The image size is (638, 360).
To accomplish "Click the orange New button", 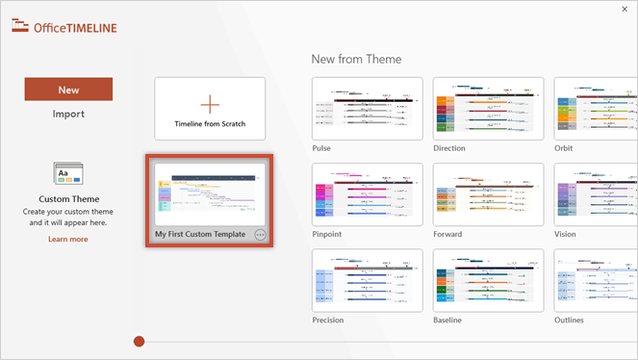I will [x=68, y=90].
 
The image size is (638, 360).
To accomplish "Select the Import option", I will [x=68, y=114].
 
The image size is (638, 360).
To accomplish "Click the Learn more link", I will [x=68, y=239].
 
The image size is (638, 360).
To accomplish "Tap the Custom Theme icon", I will [x=68, y=173].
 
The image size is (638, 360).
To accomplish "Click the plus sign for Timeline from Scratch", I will [x=210, y=104].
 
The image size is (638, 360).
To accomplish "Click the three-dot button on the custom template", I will [x=260, y=235].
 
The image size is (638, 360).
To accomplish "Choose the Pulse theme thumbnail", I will [x=367, y=109].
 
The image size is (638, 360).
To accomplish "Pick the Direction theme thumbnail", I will [x=488, y=109].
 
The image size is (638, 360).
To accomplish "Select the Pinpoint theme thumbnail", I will [x=367, y=194].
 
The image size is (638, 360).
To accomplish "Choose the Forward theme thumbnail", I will [x=488, y=194].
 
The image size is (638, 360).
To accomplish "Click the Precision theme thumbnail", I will [x=367, y=280].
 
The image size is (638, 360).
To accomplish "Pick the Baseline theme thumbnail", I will [x=488, y=280].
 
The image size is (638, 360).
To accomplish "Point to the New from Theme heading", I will [x=357, y=59].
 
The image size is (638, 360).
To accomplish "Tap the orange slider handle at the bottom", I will [x=140, y=341].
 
